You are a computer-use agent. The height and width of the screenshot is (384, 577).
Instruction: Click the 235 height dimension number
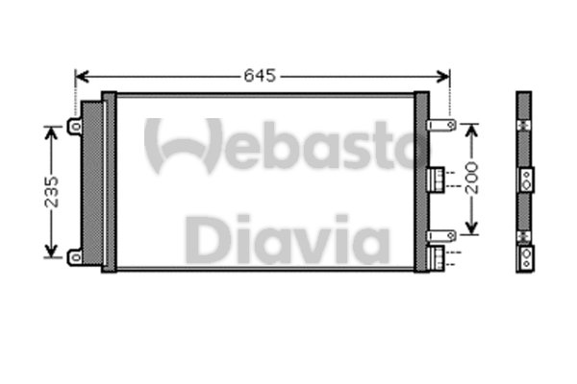coord(50,191)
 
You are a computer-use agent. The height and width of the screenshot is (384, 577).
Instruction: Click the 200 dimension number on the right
coord(471,180)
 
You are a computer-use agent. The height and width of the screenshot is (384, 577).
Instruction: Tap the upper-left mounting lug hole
coord(74,125)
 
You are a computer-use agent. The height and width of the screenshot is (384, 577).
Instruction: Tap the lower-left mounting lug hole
coord(74,254)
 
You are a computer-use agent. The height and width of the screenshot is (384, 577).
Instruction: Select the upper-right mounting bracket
coord(442,125)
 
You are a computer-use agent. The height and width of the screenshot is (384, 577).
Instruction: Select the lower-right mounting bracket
coord(442,234)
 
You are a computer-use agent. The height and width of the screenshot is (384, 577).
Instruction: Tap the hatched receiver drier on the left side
coord(92,182)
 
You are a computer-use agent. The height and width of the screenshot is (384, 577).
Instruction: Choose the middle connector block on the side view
coord(525,179)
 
